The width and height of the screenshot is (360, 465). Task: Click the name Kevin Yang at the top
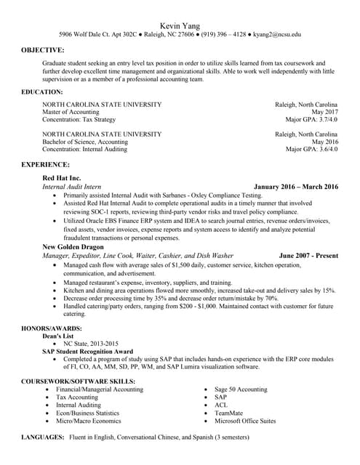point(180,25)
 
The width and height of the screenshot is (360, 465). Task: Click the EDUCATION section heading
point(41,92)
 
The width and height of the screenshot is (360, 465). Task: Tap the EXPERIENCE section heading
point(45,165)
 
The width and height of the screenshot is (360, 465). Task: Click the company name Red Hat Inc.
point(62,177)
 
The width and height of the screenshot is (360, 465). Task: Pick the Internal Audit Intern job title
point(71,187)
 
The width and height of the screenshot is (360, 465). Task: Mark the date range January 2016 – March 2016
point(296,187)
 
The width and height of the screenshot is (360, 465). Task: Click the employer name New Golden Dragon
point(73,247)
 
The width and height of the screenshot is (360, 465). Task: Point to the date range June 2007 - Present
point(308,256)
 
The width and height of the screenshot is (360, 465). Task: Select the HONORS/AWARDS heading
point(51,328)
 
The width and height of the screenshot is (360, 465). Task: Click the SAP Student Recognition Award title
point(87,351)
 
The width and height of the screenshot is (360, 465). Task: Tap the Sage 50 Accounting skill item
point(241,389)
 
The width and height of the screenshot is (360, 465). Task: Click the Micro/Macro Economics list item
point(88,421)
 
